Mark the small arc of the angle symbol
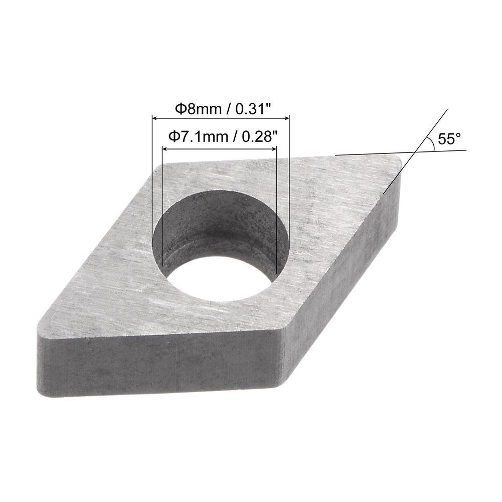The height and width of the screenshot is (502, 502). (x=430, y=143)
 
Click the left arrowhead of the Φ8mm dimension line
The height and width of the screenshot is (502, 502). (x=154, y=119)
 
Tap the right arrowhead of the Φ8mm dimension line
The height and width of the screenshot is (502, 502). (x=287, y=119)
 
